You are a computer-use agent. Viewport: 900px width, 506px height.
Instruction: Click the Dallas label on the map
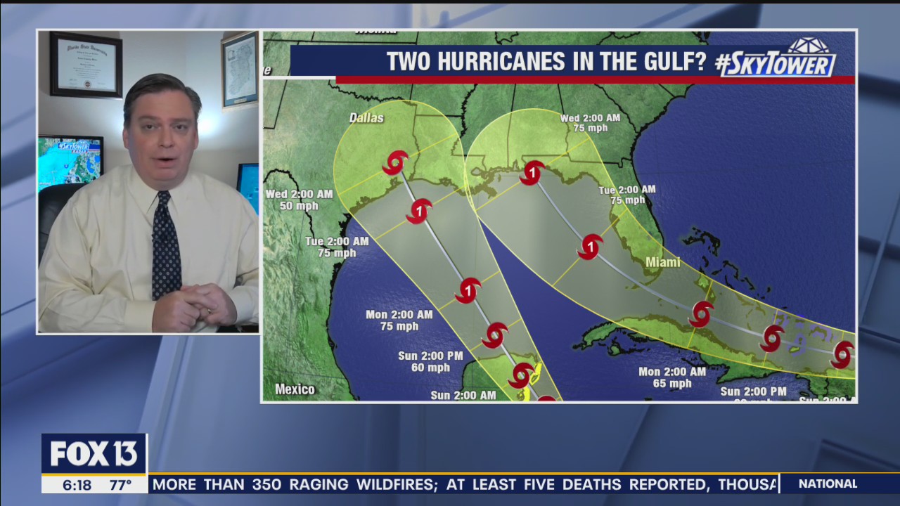tap(366, 118)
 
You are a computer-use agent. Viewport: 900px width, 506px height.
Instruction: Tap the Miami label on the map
tap(662, 262)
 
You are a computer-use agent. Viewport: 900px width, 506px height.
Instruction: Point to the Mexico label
tap(295, 389)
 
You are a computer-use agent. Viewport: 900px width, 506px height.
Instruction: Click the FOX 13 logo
tap(94, 454)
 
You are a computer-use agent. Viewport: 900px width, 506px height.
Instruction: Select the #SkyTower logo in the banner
tap(776, 59)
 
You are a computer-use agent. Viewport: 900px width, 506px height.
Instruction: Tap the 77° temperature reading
tap(120, 485)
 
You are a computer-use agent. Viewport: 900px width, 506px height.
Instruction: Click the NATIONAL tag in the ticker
tap(828, 484)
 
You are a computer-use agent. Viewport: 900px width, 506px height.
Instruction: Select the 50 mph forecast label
tap(299, 206)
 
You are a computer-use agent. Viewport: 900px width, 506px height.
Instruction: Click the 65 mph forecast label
tap(671, 384)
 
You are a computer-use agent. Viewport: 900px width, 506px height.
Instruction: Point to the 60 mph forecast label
tap(430, 368)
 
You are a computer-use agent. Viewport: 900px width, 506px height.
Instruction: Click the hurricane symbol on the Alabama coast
tap(532, 173)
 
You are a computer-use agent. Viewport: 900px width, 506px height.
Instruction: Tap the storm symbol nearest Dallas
tap(395, 163)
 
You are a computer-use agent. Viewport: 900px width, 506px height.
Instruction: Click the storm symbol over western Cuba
tap(701, 314)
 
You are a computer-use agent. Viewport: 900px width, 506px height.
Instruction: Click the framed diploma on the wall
tap(86, 64)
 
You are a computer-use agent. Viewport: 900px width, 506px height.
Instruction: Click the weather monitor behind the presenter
tap(70, 162)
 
